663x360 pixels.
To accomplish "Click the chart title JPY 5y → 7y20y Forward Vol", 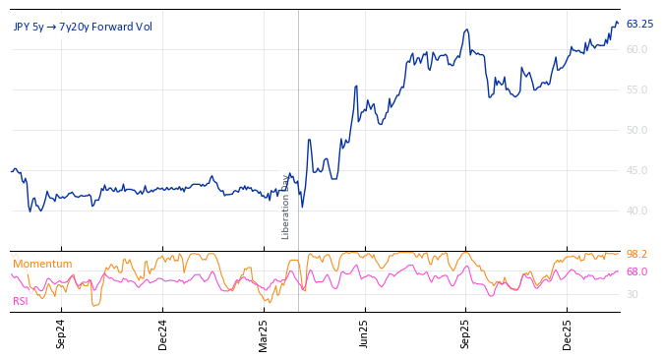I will pyautogui.click(x=83, y=27).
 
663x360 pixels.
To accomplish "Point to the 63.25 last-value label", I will pyautogui.click(x=639, y=24).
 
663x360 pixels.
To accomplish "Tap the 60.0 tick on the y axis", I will pyautogui.click(x=636, y=49).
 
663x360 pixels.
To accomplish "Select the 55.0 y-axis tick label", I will pyautogui.click(x=636, y=90).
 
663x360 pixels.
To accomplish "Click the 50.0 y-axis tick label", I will pyautogui.click(x=636, y=130).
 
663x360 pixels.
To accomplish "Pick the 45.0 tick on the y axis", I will pyautogui.click(x=636, y=170).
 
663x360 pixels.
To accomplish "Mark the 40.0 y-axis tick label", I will pyautogui.click(x=636, y=210).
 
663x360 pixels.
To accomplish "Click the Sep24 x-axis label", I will pyautogui.click(x=61, y=333).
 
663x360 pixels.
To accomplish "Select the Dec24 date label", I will pyautogui.click(x=163, y=333).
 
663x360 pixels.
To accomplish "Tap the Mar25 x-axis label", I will pyautogui.click(x=264, y=333).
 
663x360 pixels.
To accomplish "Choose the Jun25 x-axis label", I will pyautogui.click(x=364, y=333).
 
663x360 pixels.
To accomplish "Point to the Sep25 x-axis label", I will pyautogui.click(x=466, y=333).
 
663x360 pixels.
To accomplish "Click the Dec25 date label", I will pyautogui.click(x=568, y=333).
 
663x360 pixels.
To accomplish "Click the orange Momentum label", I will pyautogui.click(x=42, y=264).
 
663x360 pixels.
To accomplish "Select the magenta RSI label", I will pyautogui.click(x=21, y=301).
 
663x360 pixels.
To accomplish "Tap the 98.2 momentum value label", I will pyautogui.click(x=636, y=254).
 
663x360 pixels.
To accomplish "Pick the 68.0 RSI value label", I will pyautogui.click(x=636, y=271).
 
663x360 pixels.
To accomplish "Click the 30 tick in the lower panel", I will pyautogui.click(x=632, y=294).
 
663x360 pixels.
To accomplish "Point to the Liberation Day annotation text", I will pyautogui.click(x=286, y=207).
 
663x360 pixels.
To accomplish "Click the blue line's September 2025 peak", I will pyautogui.click(x=467, y=30).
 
